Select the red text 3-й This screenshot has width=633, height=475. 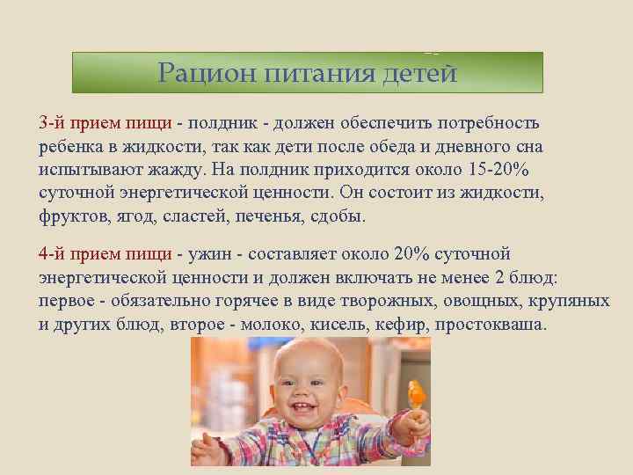(x=52, y=123)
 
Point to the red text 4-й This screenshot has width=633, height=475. (x=52, y=254)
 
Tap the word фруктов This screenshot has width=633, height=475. (x=71, y=216)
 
